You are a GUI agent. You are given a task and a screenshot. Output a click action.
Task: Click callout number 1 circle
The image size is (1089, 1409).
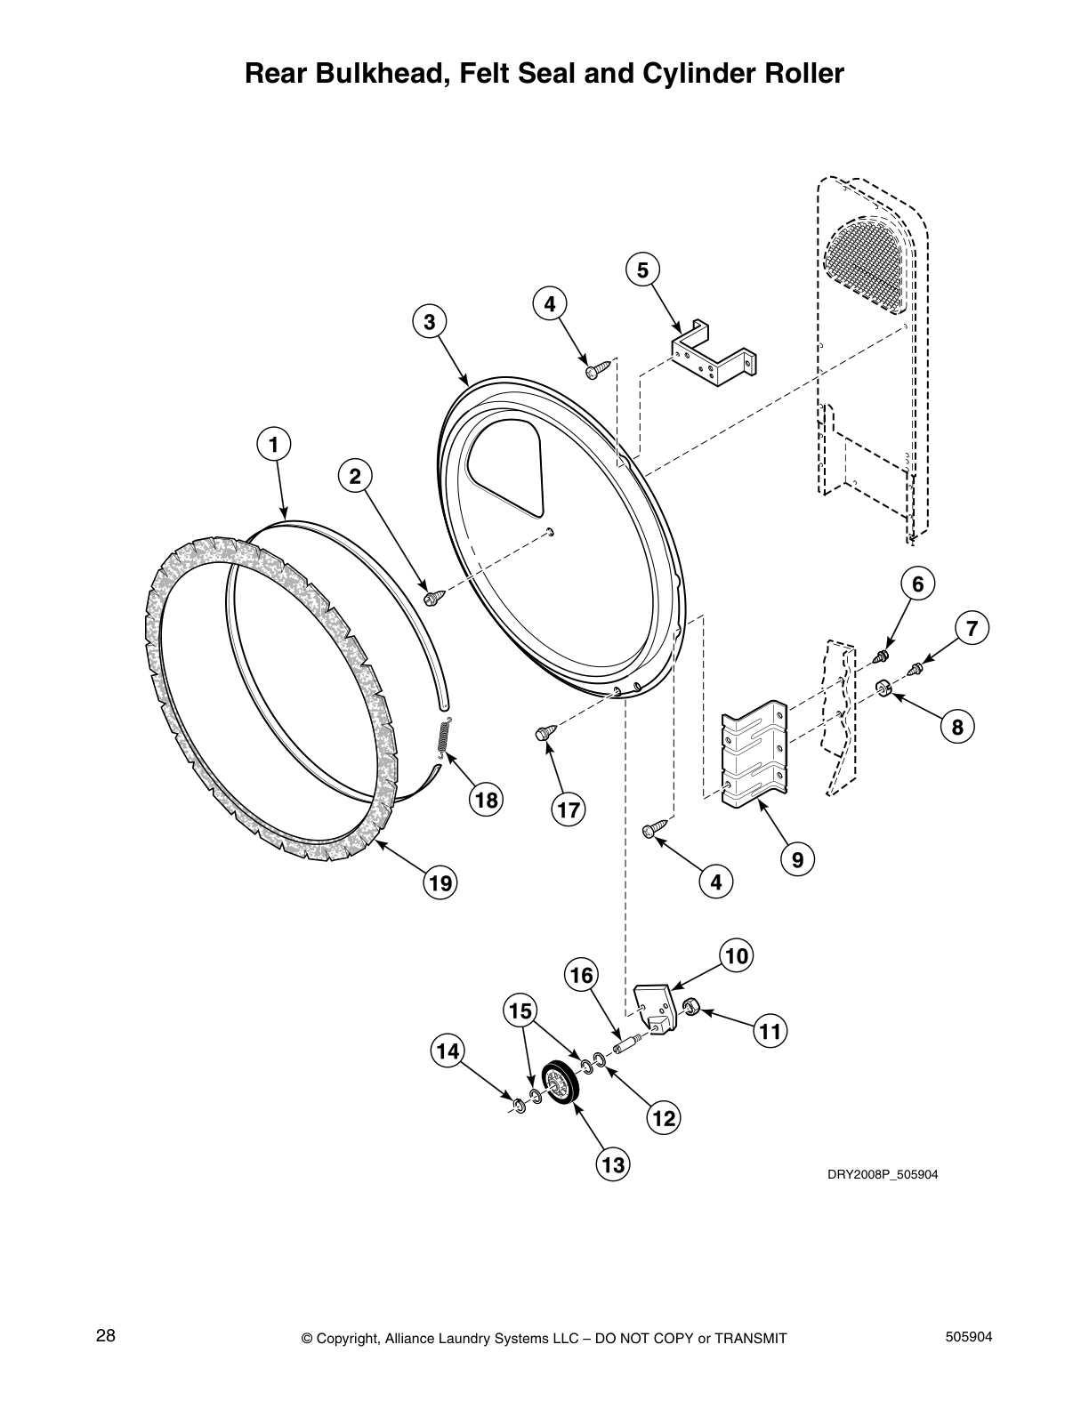[274, 443]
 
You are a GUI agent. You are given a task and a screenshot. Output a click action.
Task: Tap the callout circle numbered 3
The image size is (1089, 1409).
[429, 322]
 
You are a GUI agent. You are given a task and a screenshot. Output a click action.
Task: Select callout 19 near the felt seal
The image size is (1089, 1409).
[440, 882]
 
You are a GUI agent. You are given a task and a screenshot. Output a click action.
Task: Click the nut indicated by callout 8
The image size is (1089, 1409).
[883, 688]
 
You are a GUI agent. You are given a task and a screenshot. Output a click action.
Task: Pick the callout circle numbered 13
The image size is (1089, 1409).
[613, 1164]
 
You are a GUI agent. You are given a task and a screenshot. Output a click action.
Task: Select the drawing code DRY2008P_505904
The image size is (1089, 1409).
[883, 1174]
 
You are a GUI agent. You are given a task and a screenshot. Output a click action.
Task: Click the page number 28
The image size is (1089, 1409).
[105, 1336]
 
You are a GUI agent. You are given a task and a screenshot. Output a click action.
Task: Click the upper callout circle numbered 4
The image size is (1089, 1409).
[550, 304]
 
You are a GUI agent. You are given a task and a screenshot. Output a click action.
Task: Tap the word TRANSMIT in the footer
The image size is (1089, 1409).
[750, 1338]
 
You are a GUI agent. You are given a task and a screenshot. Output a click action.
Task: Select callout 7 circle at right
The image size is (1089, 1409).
[972, 629]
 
